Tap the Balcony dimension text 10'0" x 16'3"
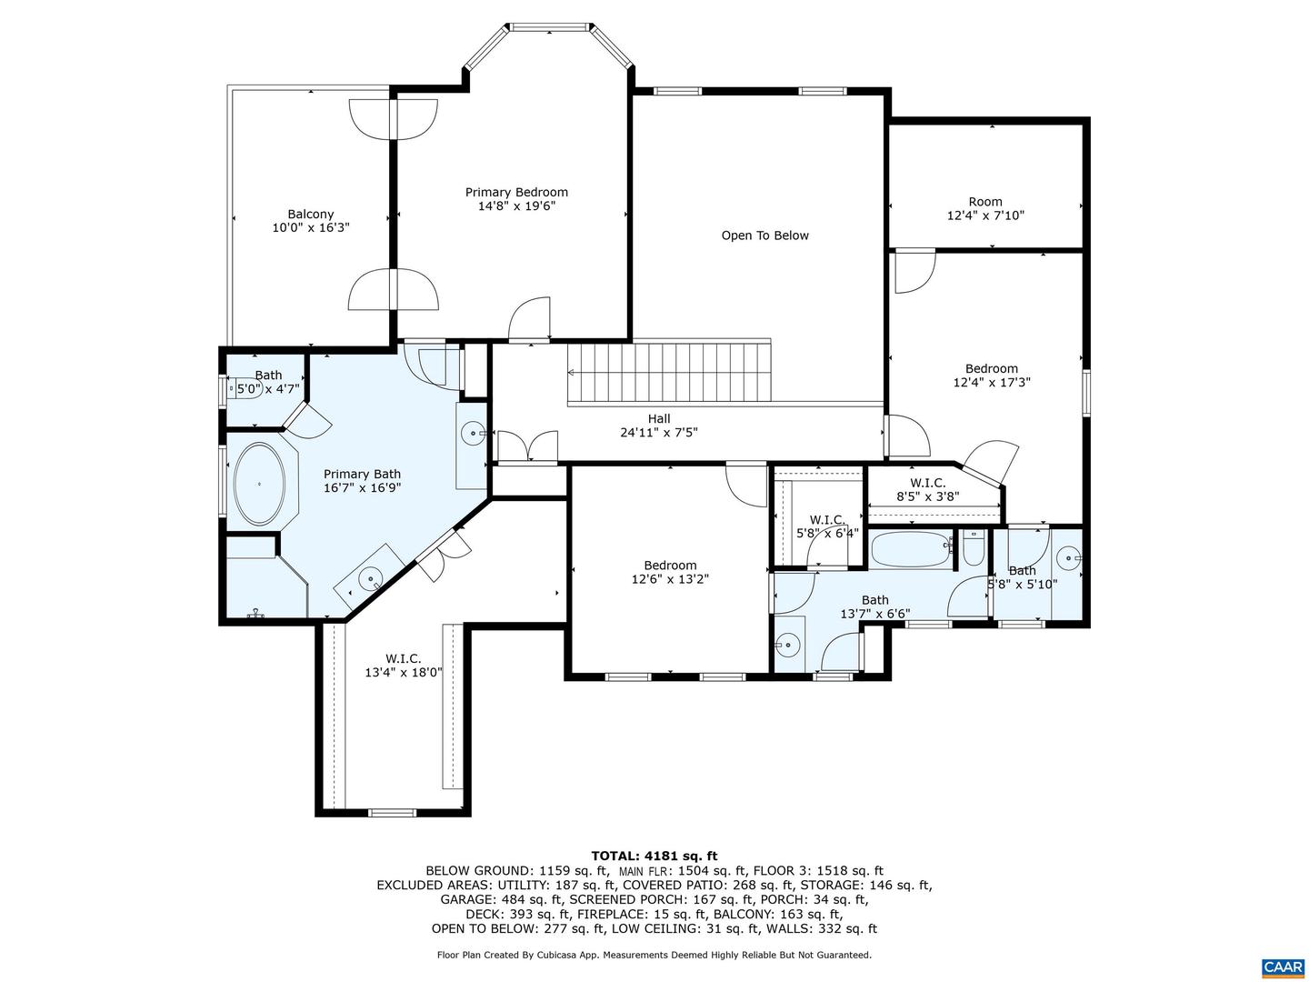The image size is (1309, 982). coord(311,228)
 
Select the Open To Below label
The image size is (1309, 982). coord(764,235)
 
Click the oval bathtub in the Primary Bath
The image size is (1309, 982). coord(259,483)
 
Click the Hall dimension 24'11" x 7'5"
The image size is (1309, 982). coord(659,433)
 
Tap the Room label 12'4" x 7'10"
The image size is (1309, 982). coord(985,208)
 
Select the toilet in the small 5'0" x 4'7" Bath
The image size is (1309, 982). coord(244,390)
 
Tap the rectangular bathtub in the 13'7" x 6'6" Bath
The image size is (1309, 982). coord(910,549)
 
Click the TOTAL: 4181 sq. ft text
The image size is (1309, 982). coord(654,856)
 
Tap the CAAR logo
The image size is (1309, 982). coord(1282,967)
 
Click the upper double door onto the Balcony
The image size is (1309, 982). coord(393,118)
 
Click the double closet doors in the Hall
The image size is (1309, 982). coord(528,446)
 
